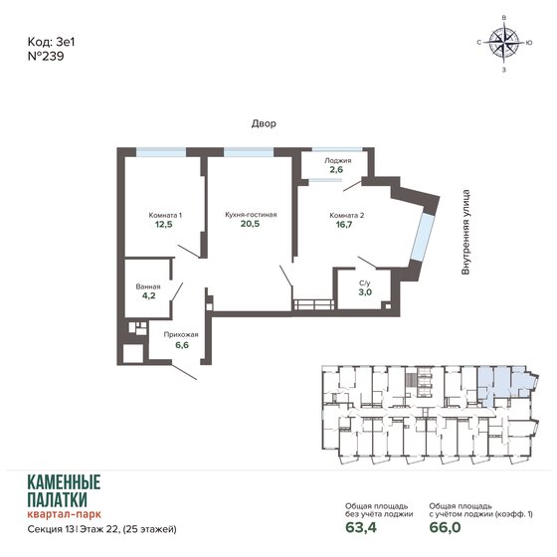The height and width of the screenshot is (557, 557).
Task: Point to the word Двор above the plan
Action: (264, 123)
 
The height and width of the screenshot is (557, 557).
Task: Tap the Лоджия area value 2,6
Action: (337, 170)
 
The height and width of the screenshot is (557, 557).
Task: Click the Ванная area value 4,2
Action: (147, 295)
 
